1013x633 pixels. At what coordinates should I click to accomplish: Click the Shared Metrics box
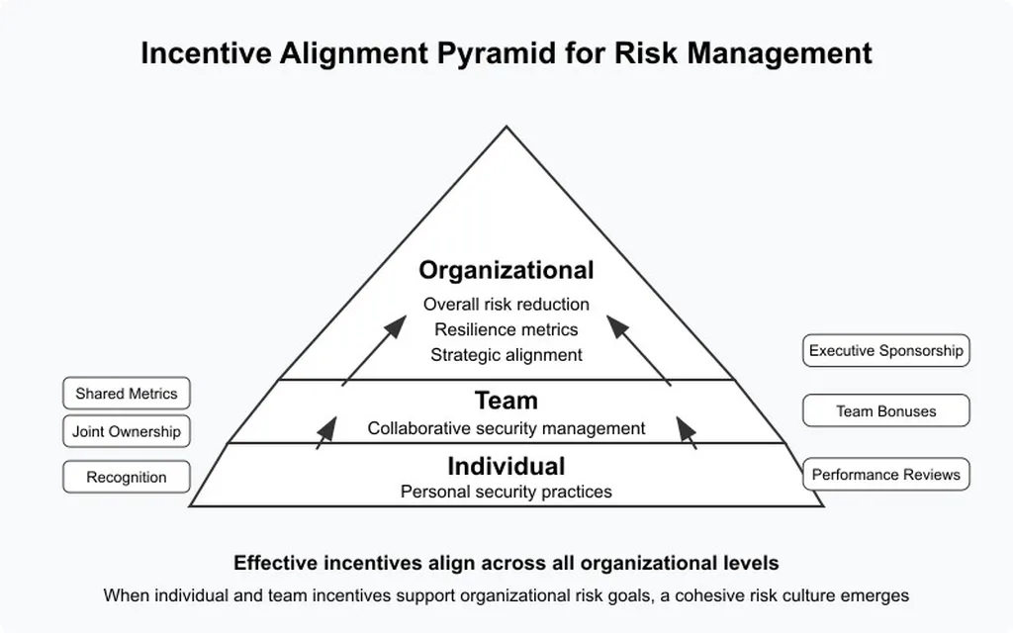pos(127,394)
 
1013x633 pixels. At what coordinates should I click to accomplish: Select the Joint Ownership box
pos(127,431)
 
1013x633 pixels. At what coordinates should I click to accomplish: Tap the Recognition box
pos(127,478)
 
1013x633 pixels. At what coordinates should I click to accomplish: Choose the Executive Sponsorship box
pos(885,351)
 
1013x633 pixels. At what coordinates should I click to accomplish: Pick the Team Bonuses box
pos(885,410)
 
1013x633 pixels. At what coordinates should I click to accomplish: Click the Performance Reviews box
pos(885,475)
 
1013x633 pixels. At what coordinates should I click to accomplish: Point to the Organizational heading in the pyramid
pos(506,271)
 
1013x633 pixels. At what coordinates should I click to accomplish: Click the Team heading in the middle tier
pos(506,401)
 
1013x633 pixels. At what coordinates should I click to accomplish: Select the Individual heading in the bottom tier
pos(506,467)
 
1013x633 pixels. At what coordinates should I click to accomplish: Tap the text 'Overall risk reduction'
pos(506,305)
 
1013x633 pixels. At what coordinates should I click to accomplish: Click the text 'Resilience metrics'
pos(506,329)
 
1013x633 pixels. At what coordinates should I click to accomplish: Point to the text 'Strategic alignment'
pos(506,355)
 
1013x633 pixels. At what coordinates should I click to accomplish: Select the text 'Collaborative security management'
pos(506,428)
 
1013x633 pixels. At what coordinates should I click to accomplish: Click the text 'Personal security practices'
pos(506,493)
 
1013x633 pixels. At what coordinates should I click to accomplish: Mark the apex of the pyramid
pos(506,127)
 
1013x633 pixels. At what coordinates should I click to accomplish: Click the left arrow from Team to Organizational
pos(374,351)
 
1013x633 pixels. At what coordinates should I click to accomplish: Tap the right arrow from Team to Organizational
pos(639,351)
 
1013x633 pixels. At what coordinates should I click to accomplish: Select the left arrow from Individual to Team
pos(326,433)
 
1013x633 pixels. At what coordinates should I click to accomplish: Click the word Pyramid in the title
pos(497,53)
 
